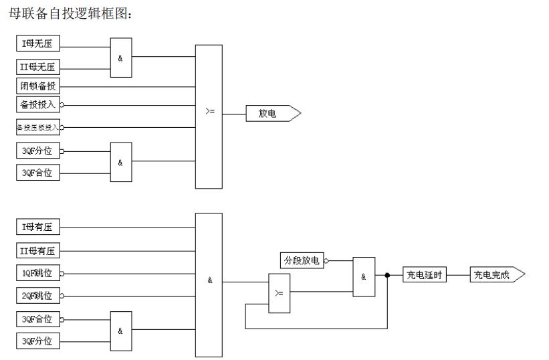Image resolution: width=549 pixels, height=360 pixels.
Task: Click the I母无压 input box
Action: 37,45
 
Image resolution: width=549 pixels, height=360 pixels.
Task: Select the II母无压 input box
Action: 37,67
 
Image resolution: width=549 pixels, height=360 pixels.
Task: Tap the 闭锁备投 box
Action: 37,86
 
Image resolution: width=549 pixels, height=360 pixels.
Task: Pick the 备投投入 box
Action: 37,104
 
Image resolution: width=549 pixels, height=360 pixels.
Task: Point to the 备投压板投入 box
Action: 37,126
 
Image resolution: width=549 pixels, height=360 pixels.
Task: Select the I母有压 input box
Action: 37,228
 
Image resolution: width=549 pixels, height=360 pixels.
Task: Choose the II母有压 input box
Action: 37,251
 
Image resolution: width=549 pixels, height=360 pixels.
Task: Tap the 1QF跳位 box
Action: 37,273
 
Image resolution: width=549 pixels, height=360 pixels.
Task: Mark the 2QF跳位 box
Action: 37,294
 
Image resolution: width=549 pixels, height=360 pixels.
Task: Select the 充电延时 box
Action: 424,274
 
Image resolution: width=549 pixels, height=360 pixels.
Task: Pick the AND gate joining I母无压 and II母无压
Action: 121,57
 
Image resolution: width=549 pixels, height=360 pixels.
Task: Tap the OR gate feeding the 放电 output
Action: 209,116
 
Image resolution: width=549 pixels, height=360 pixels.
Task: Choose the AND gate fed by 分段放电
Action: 364,276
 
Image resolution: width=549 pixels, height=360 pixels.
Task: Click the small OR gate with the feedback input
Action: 279,292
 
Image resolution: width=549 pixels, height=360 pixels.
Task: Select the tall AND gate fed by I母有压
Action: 209,284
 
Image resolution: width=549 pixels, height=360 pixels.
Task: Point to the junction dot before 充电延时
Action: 387,275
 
